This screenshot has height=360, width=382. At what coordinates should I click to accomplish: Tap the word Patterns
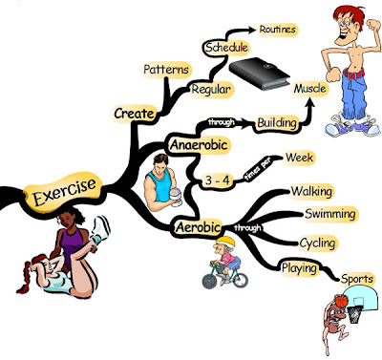tap(165, 70)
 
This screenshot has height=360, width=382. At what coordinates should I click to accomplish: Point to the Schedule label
tap(226, 47)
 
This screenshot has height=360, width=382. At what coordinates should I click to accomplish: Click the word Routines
tap(277, 30)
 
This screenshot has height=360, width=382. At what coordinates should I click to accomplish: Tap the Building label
tap(278, 122)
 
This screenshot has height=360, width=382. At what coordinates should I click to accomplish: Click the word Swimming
tap(330, 214)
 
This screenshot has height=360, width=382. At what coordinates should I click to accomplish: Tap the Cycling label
tap(316, 243)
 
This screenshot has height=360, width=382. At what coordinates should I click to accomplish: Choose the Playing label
tap(298, 268)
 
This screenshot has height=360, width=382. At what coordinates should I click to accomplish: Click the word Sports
tap(357, 279)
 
